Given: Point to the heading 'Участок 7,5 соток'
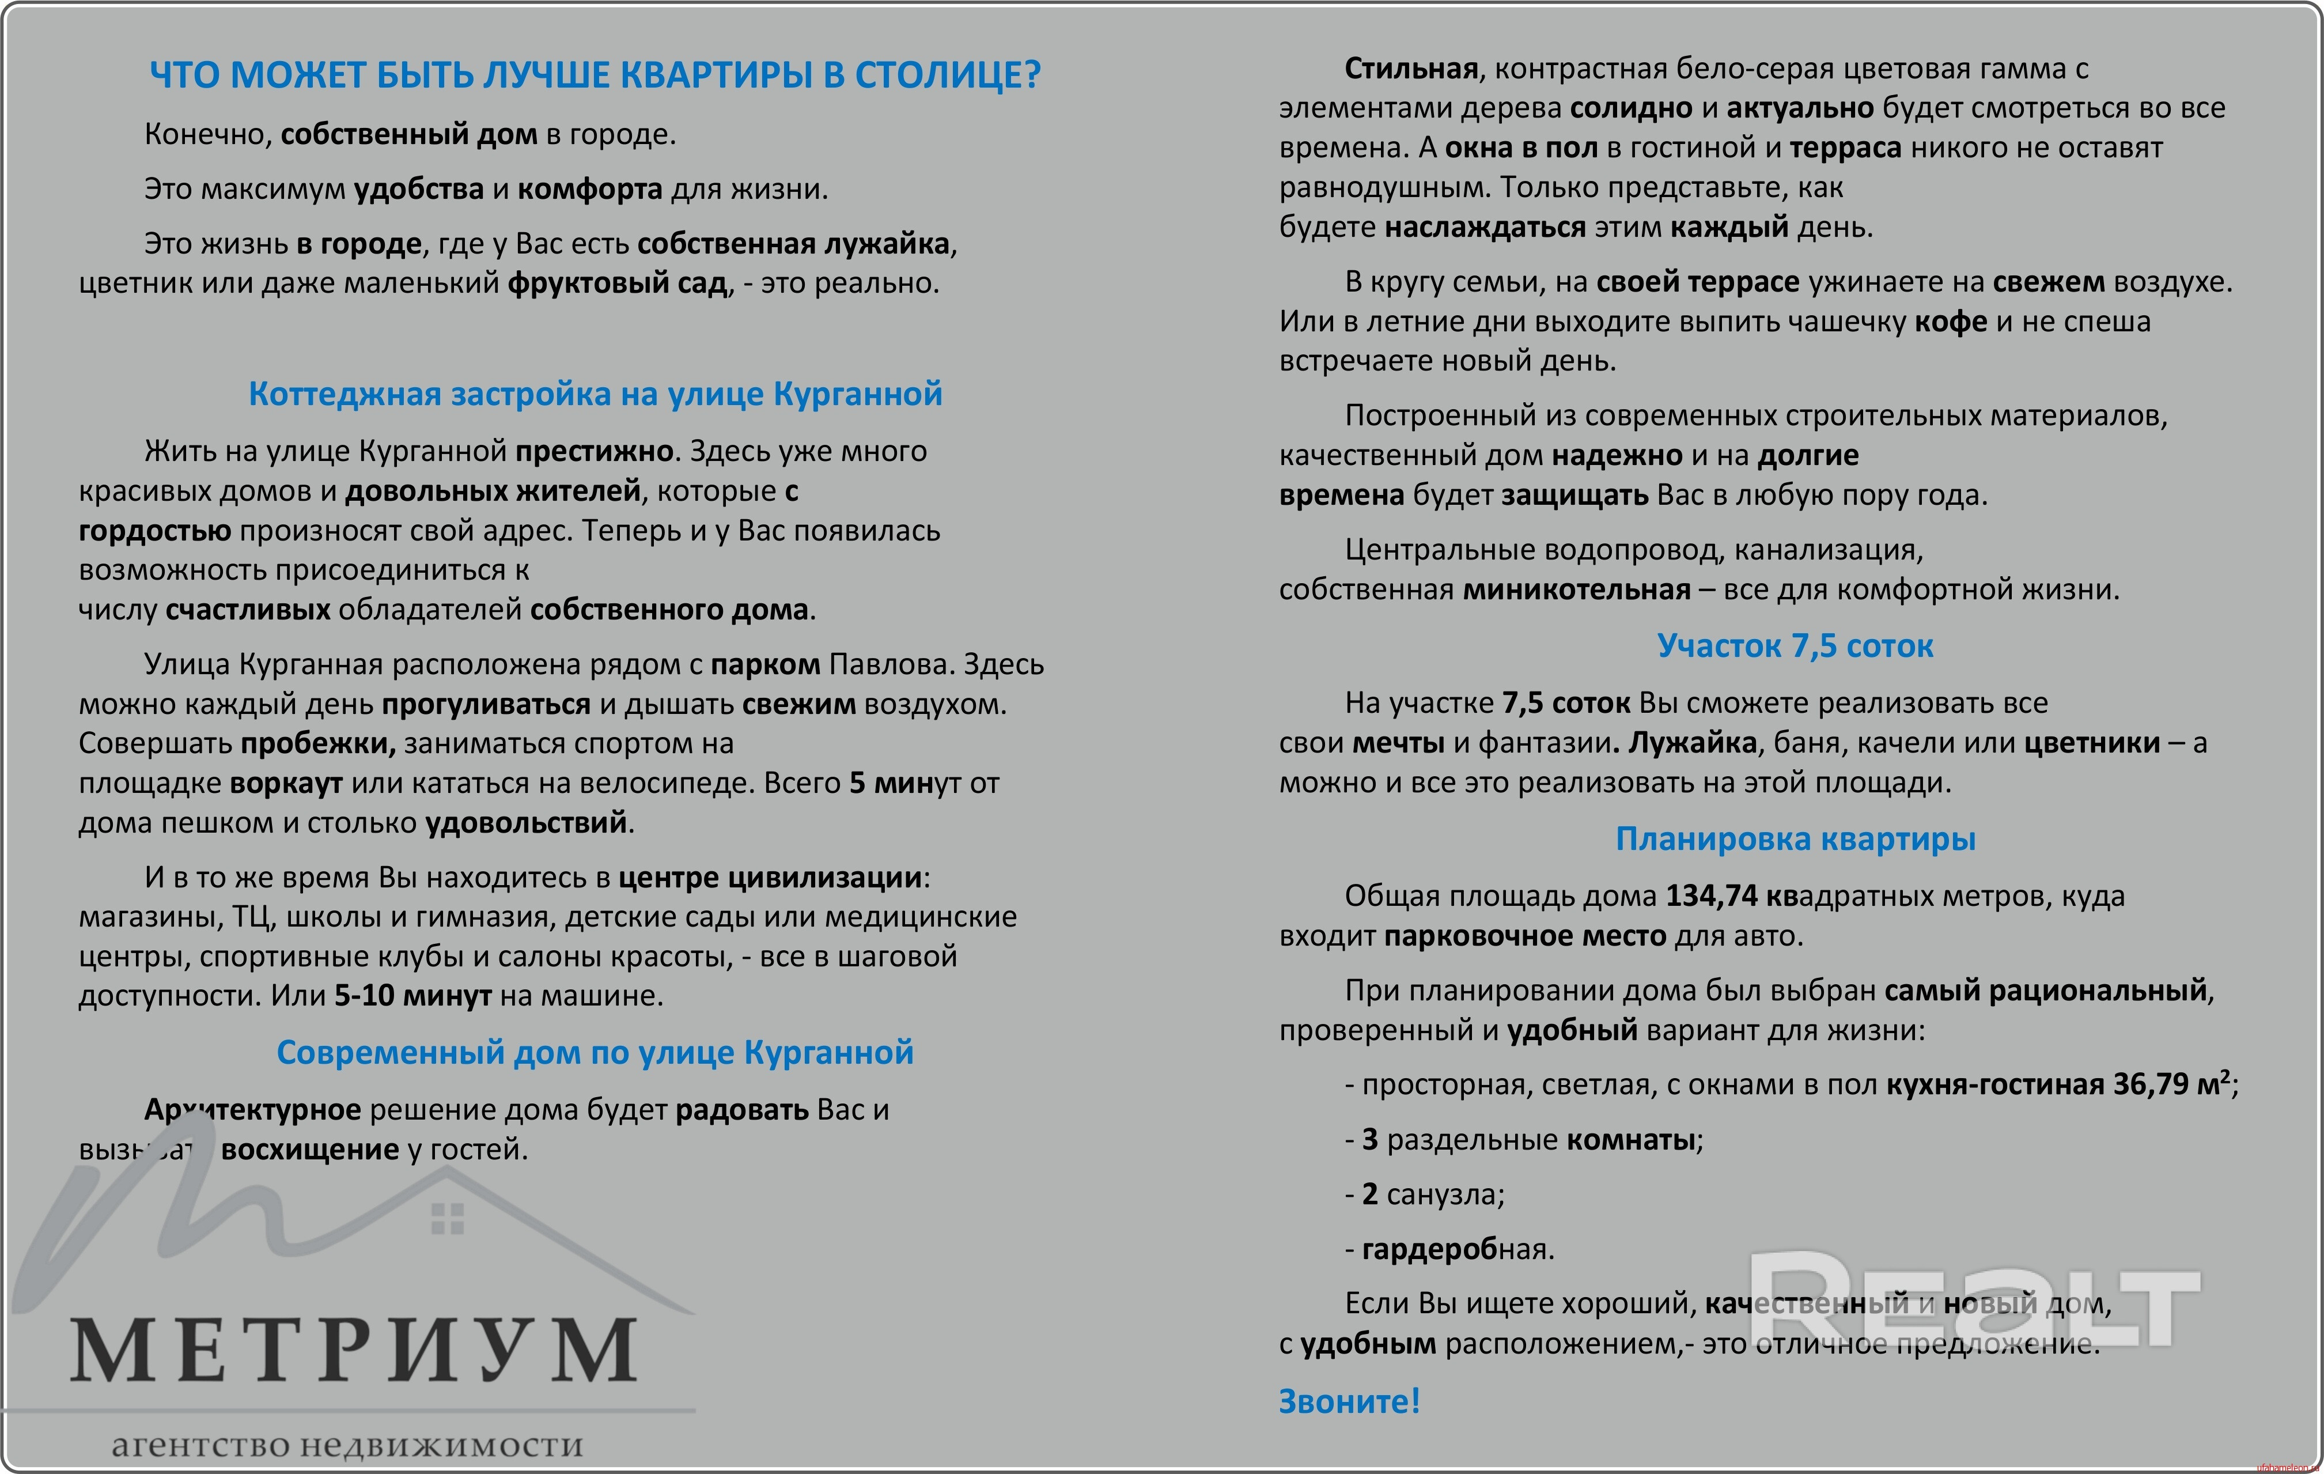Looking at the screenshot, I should coord(1795,646).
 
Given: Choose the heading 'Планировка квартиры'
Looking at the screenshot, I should coord(1795,839).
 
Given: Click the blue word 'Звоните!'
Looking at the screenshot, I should coord(1349,1401).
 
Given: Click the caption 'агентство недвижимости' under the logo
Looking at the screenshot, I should coord(347,1445).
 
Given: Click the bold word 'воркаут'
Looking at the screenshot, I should coord(287,783).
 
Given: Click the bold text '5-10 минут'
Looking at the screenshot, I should coord(413,995).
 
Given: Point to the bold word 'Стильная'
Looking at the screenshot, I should coord(1411,69).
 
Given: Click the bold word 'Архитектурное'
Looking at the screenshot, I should coord(253,1110).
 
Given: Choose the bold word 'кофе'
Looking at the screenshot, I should coord(1951,322).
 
